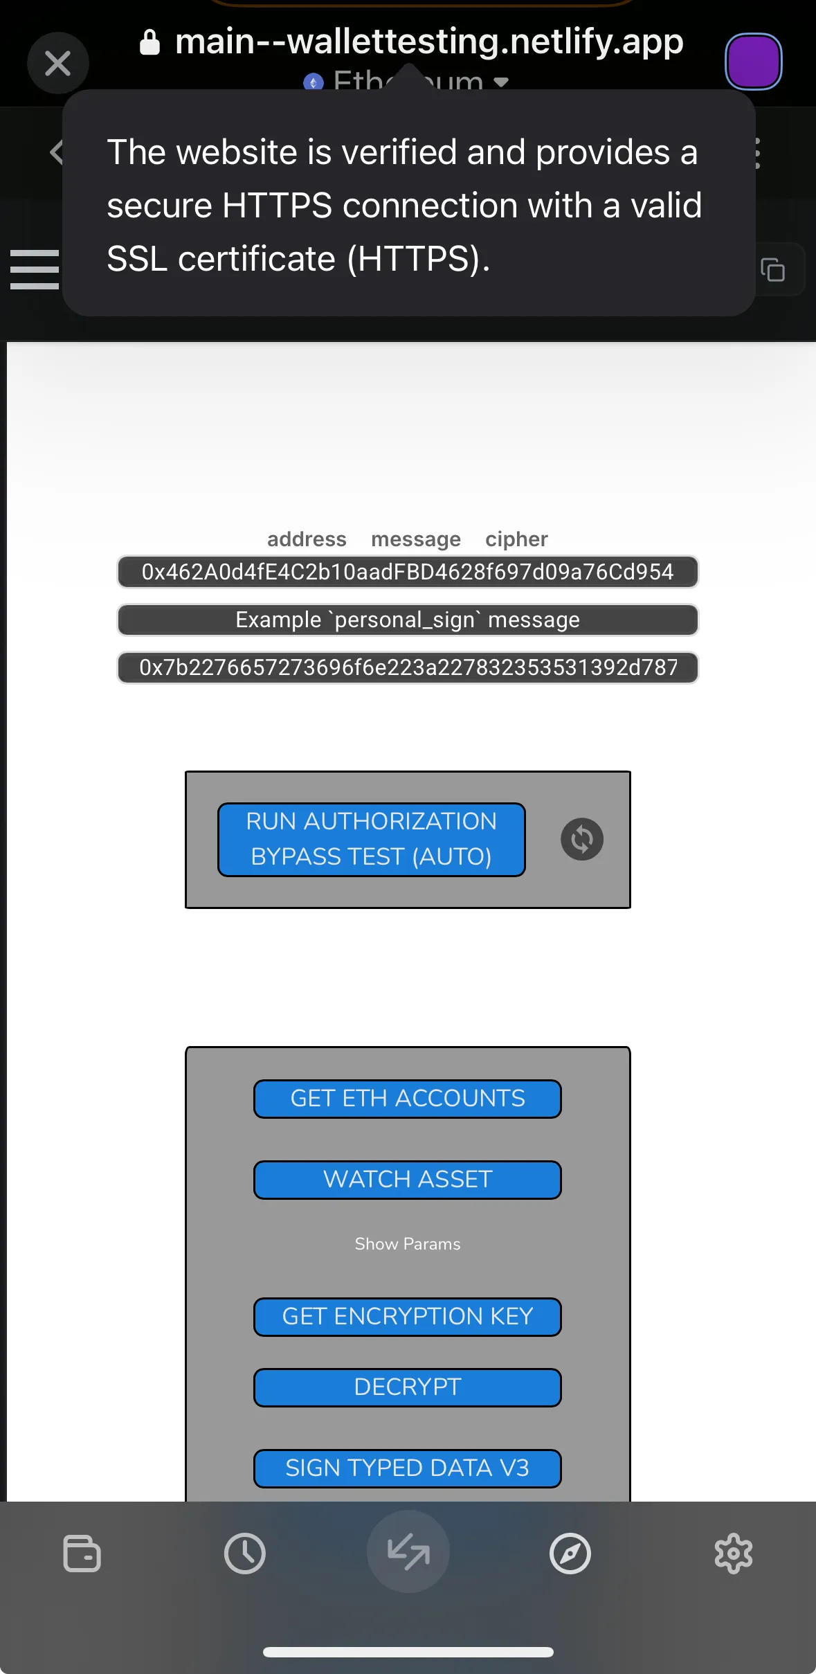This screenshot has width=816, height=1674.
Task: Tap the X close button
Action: (x=58, y=64)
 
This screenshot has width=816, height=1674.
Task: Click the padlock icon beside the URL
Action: (x=149, y=42)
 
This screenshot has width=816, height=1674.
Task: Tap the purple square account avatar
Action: (x=753, y=62)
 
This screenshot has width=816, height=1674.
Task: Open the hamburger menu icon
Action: (x=35, y=269)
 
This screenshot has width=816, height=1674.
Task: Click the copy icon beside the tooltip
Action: (x=773, y=269)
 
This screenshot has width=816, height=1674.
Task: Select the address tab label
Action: (x=307, y=539)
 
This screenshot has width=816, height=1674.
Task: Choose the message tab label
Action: (x=415, y=539)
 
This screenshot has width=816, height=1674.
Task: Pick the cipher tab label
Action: (x=516, y=539)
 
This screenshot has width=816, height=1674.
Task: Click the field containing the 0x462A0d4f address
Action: (x=408, y=572)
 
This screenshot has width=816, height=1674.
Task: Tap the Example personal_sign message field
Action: (x=408, y=620)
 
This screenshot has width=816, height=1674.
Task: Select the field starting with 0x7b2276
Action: (x=408, y=667)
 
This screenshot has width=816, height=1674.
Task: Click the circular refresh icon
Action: (x=581, y=839)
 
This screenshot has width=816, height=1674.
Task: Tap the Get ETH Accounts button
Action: (x=408, y=1099)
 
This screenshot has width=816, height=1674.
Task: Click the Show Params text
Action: (x=408, y=1244)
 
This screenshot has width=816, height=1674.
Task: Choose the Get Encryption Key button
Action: (x=408, y=1316)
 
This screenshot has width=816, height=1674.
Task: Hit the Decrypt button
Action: (x=408, y=1387)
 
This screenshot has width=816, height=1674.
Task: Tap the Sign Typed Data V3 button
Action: (x=408, y=1468)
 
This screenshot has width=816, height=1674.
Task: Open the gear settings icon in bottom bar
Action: (x=733, y=1554)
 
